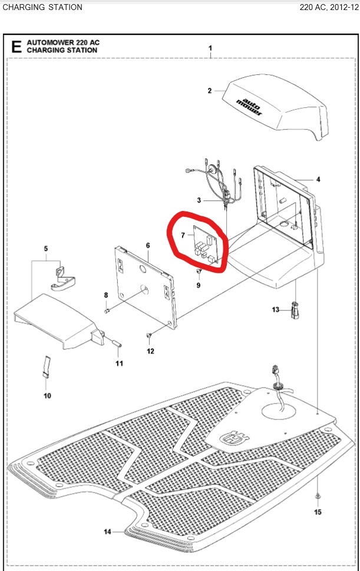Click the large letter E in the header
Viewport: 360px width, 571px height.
(16, 47)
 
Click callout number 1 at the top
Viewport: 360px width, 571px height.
(210, 48)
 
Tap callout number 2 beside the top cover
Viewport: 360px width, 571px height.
(210, 90)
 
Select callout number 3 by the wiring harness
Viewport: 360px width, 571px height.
(199, 200)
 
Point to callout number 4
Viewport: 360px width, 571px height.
(318, 179)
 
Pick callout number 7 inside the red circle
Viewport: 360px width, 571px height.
(183, 236)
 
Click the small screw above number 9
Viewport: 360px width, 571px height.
(199, 271)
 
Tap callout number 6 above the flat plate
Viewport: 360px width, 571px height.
(148, 246)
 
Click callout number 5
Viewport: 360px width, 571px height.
(46, 248)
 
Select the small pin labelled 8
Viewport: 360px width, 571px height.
(107, 311)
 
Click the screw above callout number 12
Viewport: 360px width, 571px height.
(148, 335)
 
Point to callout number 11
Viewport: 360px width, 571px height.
(119, 363)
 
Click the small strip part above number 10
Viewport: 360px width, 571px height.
(46, 367)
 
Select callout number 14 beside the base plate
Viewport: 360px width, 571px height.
(107, 532)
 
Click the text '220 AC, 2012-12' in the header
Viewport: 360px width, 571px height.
(329, 7)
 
